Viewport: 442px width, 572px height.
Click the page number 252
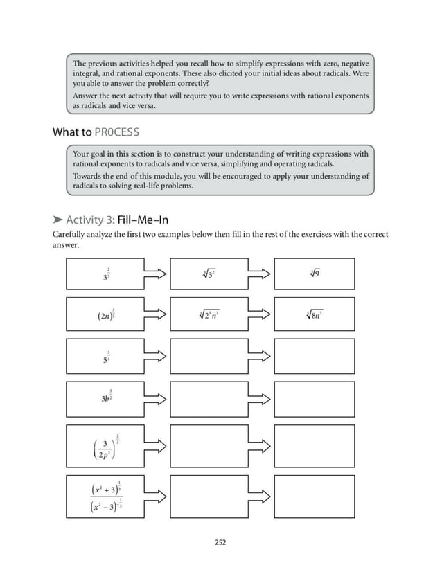point(220,542)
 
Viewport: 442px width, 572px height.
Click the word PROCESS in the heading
point(118,132)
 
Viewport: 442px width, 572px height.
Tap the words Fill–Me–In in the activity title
point(143,220)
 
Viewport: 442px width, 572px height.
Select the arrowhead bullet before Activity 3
point(58,220)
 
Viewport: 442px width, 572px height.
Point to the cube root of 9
point(314,274)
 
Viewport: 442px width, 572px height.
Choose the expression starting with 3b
point(106,400)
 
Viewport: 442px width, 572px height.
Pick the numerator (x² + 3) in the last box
point(106,488)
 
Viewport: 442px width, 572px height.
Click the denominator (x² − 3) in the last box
point(106,508)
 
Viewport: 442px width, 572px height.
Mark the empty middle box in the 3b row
point(209,399)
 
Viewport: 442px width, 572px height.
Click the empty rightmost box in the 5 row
point(314,357)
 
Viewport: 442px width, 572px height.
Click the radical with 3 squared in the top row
point(209,274)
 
